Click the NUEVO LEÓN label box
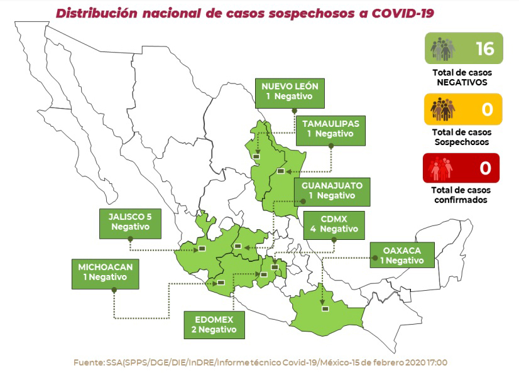coord(290,92)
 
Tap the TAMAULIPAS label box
coord(331,128)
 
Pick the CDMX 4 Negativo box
coord(334,224)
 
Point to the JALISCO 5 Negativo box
coord(130,222)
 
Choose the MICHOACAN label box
coord(105,272)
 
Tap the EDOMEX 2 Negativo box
coord(214,323)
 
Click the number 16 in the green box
coord(484,48)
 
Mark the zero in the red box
coord(485,168)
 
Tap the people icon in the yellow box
coord(443,109)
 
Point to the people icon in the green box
coord(443,49)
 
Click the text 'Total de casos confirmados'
coord(462,195)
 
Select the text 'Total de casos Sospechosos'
coord(462,137)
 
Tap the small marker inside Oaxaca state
coord(325,308)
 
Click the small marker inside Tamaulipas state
coord(280,171)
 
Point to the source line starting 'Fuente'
coord(260,362)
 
